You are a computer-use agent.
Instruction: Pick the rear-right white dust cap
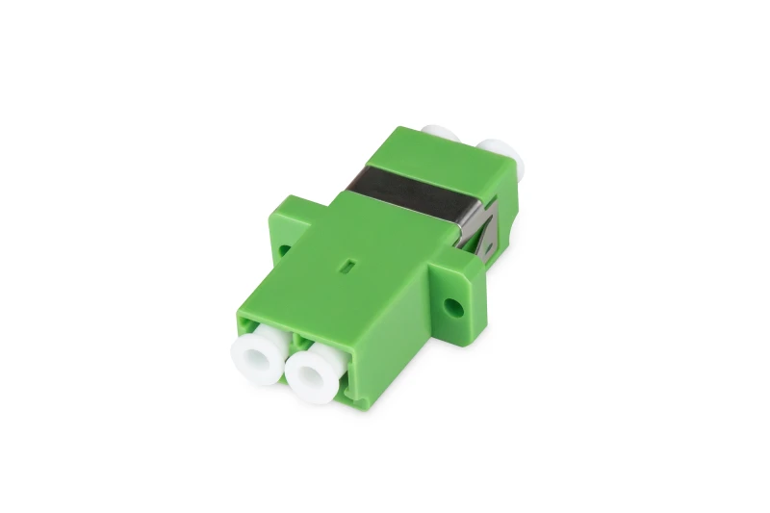pyautogui.click(x=497, y=150)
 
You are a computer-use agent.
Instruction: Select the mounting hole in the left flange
pyautogui.click(x=283, y=248)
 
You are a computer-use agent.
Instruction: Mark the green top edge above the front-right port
pyautogui.click(x=327, y=332)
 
